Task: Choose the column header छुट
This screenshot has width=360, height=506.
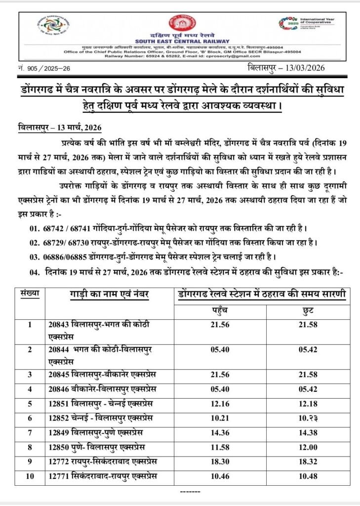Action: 306,312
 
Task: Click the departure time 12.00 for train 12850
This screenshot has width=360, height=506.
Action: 306,447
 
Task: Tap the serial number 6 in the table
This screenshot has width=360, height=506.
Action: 30,419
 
